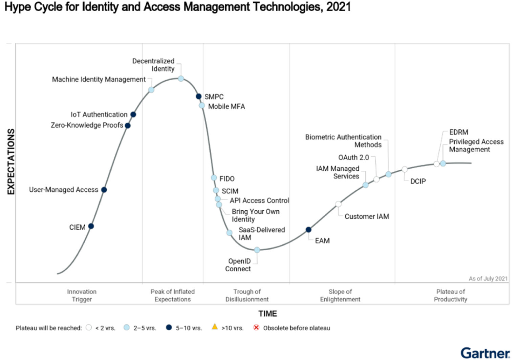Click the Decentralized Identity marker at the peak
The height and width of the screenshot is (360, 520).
pyautogui.click(x=181, y=79)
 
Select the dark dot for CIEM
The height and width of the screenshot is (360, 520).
pyautogui.click(x=91, y=226)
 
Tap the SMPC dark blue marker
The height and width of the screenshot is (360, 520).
pyautogui.click(x=199, y=97)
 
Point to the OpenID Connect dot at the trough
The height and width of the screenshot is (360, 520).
pyautogui.click(x=257, y=250)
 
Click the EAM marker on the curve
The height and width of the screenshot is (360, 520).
pyautogui.click(x=308, y=230)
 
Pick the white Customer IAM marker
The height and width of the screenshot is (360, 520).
pyautogui.click(x=338, y=204)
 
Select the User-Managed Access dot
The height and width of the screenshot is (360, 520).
pyautogui.click(x=104, y=190)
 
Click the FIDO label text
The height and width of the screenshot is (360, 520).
pyautogui.click(x=227, y=178)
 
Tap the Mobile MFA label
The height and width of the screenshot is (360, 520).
pyautogui.click(x=226, y=106)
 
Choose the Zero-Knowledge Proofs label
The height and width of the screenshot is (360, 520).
pyautogui.click(x=87, y=125)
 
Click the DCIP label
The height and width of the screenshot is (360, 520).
pyautogui.click(x=418, y=181)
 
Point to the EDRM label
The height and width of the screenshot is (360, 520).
pyautogui.click(x=458, y=132)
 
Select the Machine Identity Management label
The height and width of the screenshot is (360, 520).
pyautogui.click(x=99, y=79)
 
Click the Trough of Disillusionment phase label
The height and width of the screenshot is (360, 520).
pyautogui.click(x=247, y=295)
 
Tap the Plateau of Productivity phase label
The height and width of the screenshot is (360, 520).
pyautogui.click(x=450, y=295)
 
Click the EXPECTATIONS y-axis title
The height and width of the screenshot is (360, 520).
pyautogui.click(x=11, y=162)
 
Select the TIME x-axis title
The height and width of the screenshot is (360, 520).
pyautogui.click(x=267, y=314)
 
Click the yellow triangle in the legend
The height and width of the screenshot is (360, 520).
pyautogui.click(x=215, y=327)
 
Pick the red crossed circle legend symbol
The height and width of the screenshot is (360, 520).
pyautogui.click(x=256, y=327)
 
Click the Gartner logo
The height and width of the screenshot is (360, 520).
pyautogui.click(x=485, y=353)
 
